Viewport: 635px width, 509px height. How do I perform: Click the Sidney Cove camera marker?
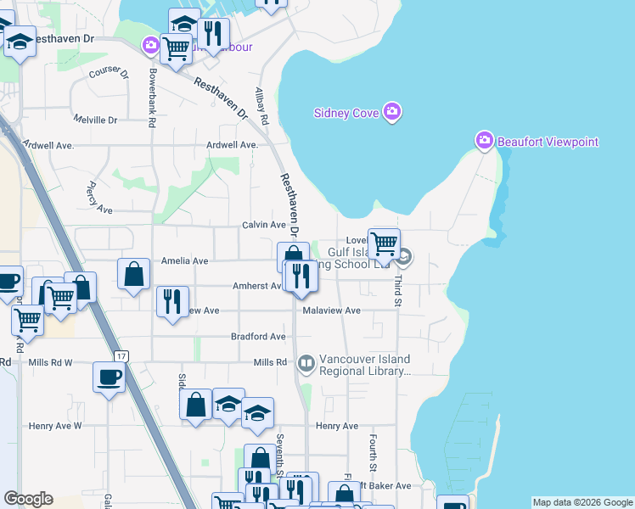391,112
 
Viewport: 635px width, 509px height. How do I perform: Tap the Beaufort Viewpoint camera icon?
484,141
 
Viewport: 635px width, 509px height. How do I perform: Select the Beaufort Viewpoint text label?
548,142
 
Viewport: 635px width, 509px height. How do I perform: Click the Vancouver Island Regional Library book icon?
306,364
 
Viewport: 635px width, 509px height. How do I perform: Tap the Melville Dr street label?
95,120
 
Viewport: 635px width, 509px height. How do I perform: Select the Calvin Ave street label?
264,225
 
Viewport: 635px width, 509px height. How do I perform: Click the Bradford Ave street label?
258,337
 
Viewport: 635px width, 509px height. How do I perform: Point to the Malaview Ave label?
332,310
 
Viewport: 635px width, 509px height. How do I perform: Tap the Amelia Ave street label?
184,261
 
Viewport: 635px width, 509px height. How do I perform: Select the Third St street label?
396,288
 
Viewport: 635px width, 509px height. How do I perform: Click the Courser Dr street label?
110,72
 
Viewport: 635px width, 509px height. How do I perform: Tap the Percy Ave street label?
98,198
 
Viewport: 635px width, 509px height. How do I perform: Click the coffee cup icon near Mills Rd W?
110,377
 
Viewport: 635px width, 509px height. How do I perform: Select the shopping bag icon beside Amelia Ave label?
134,274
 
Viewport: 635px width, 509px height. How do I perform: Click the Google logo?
28,499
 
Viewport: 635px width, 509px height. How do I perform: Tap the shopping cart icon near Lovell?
384,244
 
